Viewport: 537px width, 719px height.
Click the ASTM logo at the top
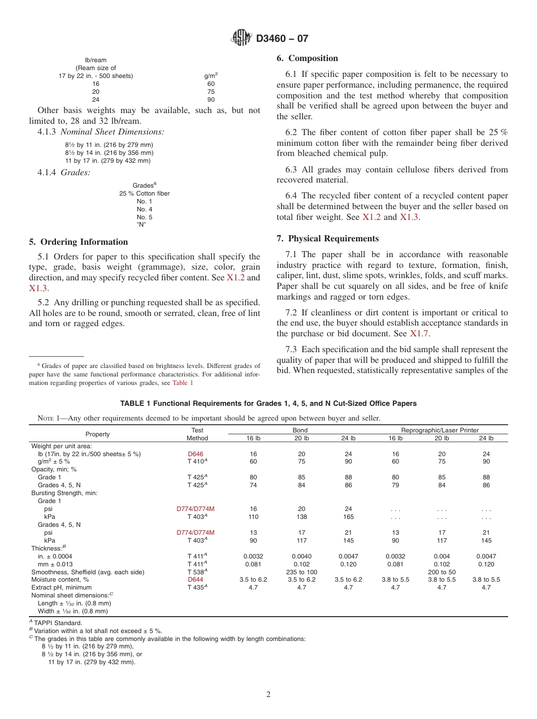click(x=241, y=38)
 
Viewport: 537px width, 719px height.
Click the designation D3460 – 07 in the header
click(x=282, y=39)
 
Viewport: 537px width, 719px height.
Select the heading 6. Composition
click(x=307, y=58)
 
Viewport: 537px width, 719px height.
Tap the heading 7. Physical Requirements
click(x=327, y=239)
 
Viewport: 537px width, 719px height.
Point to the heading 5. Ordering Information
click(x=78, y=242)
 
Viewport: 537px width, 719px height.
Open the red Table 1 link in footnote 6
click(x=183, y=383)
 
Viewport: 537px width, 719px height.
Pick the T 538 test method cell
click(x=197, y=571)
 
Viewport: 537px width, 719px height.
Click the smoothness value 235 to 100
click(x=301, y=571)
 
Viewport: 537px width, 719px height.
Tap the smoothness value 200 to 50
click(x=441, y=571)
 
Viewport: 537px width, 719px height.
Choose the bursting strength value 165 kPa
click(x=348, y=517)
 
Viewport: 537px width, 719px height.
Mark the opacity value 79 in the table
click(x=395, y=485)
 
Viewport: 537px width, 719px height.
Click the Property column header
click(x=98, y=434)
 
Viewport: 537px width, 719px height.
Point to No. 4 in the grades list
click(x=144, y=209)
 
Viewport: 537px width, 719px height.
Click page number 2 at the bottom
click(x=268, y=695)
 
